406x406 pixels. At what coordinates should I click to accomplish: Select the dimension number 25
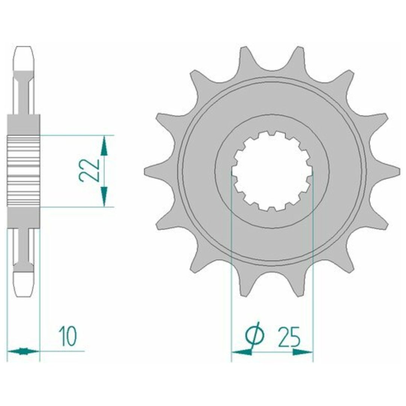(289, 336)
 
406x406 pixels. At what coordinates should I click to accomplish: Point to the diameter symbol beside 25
(255, 336)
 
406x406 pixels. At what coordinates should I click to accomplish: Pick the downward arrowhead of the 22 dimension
(104, 197)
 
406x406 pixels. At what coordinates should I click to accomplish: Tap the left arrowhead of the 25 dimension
(241, 352)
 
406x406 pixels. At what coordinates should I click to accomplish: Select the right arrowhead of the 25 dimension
(303, 352)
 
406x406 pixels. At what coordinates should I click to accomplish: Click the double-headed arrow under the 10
(23, 351)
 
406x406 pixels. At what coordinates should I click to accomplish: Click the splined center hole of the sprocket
(272, 171)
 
